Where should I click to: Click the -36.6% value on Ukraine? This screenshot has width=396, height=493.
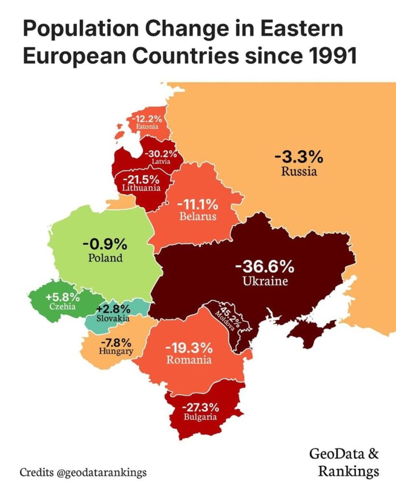point(264,267)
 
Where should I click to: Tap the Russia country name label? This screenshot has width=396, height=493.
point(299,171)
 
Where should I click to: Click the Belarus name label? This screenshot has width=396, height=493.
point(198,217)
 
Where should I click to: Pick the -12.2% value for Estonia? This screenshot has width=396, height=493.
point(148,118)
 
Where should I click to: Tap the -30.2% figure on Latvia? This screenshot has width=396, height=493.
point(161,155)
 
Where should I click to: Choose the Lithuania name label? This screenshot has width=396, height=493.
point(141,188)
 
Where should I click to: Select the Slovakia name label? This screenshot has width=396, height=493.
point(112,318)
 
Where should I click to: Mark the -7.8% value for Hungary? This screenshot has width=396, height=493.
point(116,343)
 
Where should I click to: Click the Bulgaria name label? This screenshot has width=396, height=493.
point(200,417)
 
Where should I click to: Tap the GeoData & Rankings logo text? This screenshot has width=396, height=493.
point(343,462)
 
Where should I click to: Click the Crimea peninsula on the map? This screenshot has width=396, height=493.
point(311,332)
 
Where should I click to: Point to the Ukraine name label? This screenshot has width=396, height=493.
point(265,281)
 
